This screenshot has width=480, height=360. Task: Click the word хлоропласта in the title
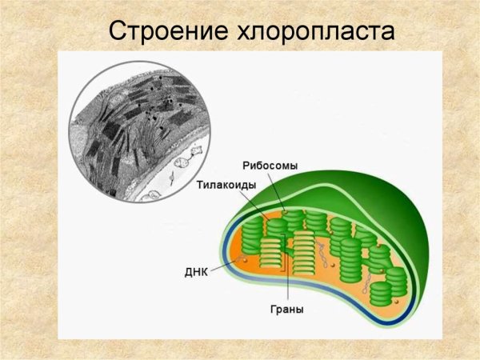pyautogui.click(x=316, y=32)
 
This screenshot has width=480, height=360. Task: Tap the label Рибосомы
pyautogui.click(x=270, y=166)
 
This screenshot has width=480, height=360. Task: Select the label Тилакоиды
pyautogui.click(x=226, y=185)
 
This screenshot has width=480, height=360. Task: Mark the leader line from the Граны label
pyautogui.click(x=286, y=280)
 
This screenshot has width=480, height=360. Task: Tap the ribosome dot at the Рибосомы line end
pyautogui.click(x=282, y=210)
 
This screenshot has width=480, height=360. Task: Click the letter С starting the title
pyautogui.click(x=117, y=32)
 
